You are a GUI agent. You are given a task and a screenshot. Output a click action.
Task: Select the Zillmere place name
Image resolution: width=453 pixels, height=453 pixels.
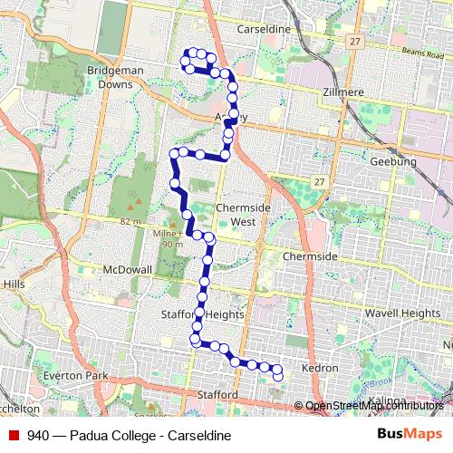click(342, 92)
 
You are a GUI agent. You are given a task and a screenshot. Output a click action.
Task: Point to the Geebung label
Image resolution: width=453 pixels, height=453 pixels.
click(392, 161)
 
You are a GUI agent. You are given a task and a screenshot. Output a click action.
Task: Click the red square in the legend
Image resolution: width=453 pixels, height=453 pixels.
click(13, 436)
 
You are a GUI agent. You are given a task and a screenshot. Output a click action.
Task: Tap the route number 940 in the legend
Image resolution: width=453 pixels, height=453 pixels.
click(38, 436)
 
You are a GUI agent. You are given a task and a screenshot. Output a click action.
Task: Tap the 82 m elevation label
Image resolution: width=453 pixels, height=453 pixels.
click(130, 222)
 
